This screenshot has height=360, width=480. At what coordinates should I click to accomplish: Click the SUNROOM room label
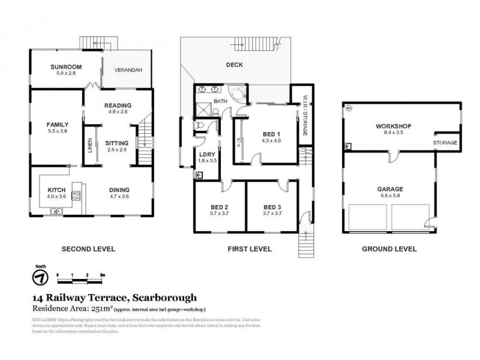point(66,67)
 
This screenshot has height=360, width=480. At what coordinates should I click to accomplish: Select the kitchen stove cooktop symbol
point(76,194)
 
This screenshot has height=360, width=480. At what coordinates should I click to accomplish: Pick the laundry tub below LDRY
point(200,175)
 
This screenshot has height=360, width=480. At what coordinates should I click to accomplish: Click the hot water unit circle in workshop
point(349,109)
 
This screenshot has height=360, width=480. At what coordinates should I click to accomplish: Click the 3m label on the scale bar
point(103,274)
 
